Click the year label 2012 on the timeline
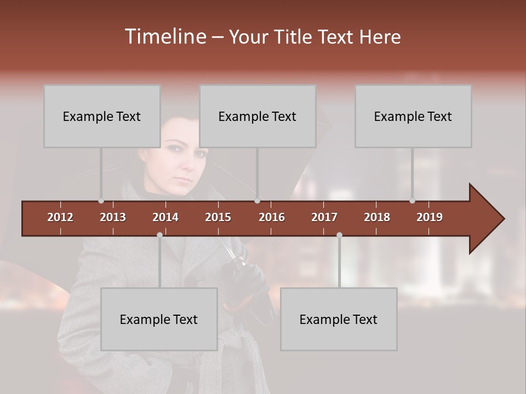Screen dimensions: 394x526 coord(60,217)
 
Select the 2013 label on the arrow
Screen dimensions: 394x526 coord(113,217)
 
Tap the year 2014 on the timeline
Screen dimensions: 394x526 coord(165,217)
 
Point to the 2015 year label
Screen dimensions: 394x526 coord(218,217)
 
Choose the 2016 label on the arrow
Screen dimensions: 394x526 coord(272,217)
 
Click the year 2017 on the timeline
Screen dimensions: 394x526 coord(324,217)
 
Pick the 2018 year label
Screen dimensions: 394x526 coord(377,217)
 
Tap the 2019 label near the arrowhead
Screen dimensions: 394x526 coord(430,217)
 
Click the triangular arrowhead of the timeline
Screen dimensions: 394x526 coord(485,219)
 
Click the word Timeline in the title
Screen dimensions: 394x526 coord(164,37)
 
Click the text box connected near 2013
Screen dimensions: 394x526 coord(102,116)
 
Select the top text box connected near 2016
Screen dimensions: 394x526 coord(258,116)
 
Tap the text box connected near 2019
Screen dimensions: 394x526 coord(413,116)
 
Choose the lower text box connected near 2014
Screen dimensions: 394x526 coord(159,319)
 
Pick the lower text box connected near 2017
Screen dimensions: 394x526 coord(339,319)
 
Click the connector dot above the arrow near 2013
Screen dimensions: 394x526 coord(101,201)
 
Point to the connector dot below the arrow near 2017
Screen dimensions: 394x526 coord(339,235)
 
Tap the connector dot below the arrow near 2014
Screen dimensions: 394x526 coord(159,235)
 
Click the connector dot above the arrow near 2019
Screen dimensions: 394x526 coord(413,201)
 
